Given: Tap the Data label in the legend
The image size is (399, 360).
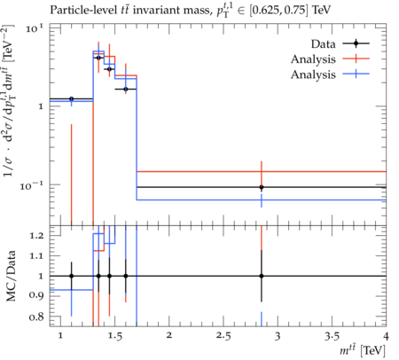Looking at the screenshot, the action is click(x=323, y=44).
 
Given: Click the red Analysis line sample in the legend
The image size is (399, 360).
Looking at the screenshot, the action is click(x=356, y=59).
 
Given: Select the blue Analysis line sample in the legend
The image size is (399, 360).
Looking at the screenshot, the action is click(x=356, y=74).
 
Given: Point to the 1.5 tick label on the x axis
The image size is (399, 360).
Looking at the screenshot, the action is click(x=114, y=336).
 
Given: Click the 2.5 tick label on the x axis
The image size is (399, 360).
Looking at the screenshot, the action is click(x=223, y=336).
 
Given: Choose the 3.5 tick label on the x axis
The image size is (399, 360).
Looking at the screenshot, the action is click(x=332, y=336).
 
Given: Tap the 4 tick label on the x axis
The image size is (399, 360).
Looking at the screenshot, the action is click(x=386, y=336).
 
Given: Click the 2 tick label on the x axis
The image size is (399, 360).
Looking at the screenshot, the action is click(x=169, y=336).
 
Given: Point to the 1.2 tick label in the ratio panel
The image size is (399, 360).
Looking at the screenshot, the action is click(x=36, y=236).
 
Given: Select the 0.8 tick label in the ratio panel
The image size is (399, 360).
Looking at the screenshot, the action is click(x=36, y=317).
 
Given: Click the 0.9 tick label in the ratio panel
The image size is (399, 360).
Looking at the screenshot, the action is click(x=36, y=295).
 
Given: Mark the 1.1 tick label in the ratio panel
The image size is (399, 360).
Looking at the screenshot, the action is click(x=36, y=256).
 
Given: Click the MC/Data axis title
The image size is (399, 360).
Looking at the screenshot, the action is click(x=11, y=276).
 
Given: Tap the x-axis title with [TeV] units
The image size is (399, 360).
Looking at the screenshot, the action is click(x=363, y=351).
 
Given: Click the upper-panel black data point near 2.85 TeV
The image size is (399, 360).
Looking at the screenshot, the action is click(x=262, y=187).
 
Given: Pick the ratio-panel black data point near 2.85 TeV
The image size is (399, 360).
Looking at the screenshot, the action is click(x=262, y=276).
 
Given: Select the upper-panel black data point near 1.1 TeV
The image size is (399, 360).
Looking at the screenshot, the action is click(x=71, y=98).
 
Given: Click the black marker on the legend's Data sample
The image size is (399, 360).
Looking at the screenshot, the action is click(x=356, y=43).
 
